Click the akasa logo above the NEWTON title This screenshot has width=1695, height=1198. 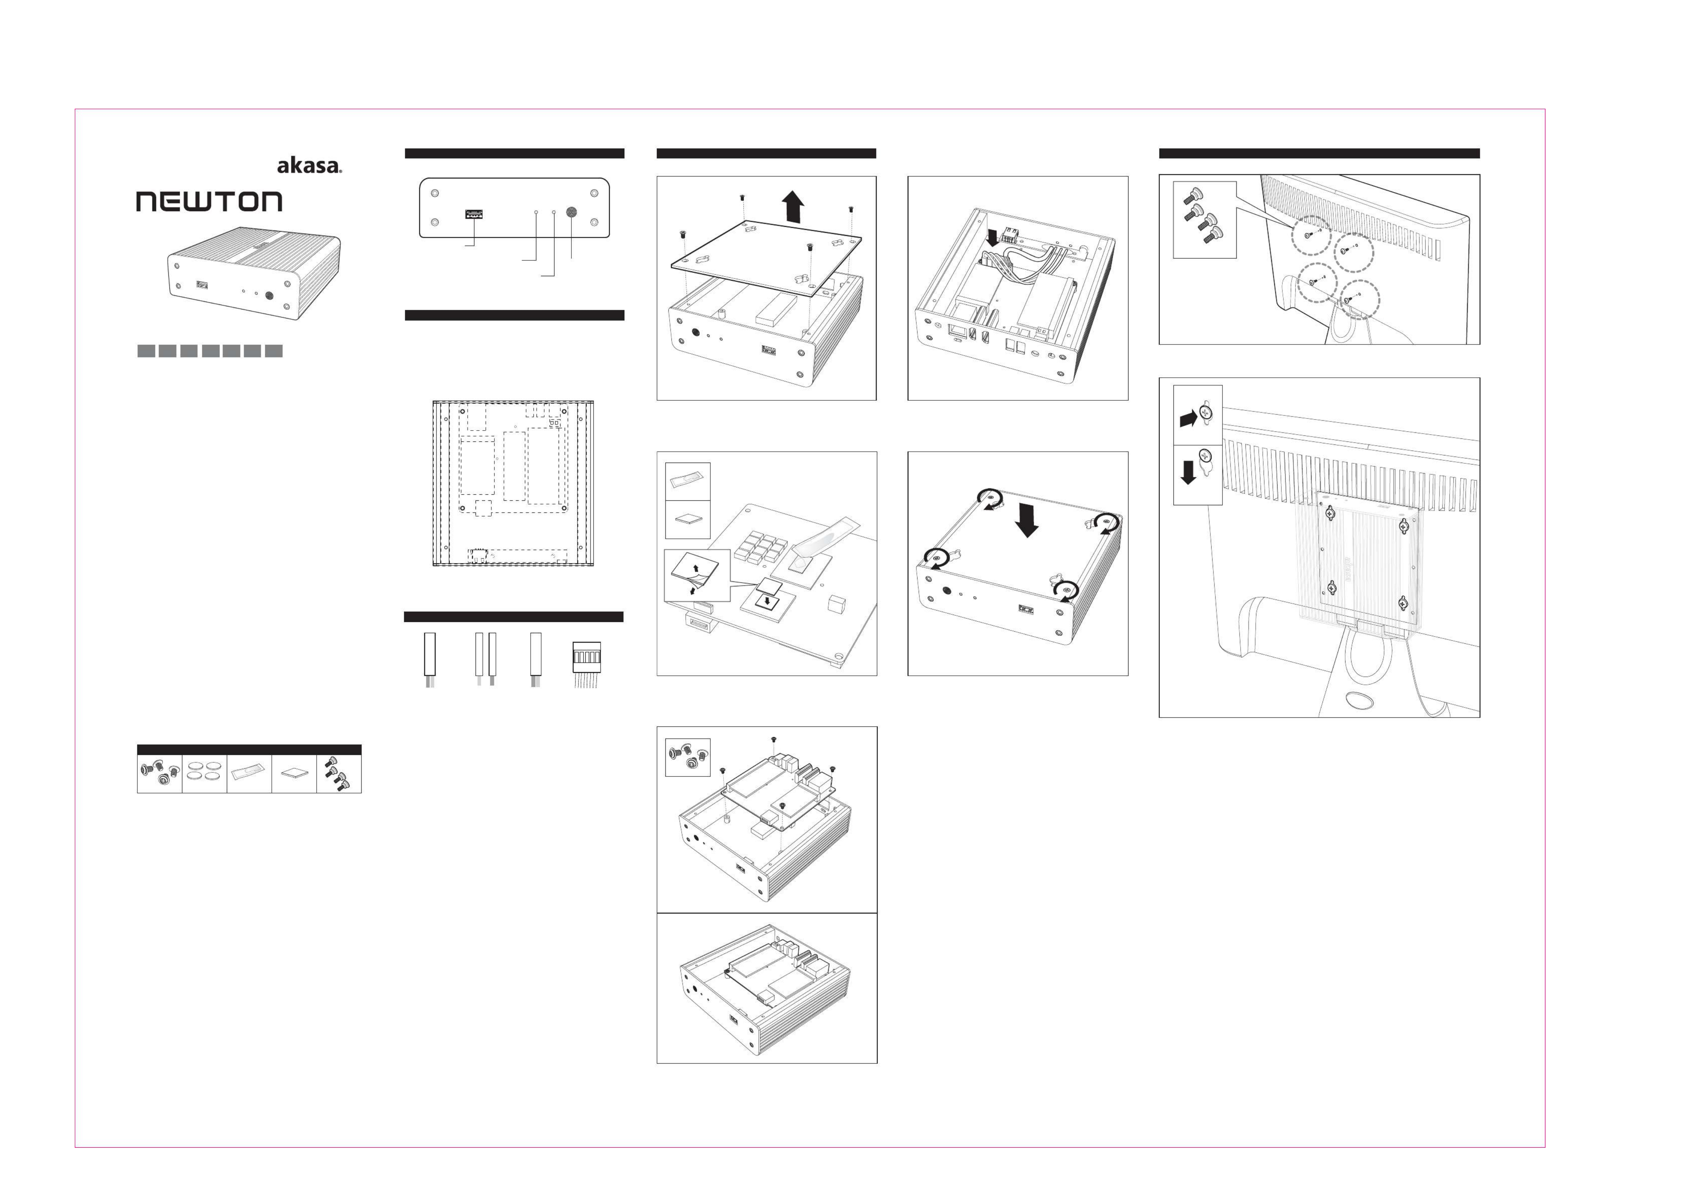coord(309,165)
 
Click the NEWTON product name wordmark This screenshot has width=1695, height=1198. coord(209,201)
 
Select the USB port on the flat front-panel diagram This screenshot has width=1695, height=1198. coord(474,214)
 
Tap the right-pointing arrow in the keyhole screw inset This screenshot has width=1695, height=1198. coord(1189,418)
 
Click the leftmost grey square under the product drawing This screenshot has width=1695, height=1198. coord(146,351)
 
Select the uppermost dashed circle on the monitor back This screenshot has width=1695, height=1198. coord(1311,233)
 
